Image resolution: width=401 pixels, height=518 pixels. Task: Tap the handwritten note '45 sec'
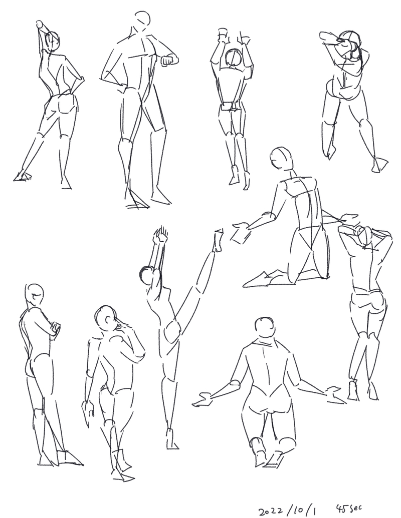tap(349, 508)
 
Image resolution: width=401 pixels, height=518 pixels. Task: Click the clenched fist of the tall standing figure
tap(169, 61)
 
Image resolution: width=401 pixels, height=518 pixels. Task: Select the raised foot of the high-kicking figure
tap(218, 240)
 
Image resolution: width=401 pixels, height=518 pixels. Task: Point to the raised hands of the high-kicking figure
tap(159, 234)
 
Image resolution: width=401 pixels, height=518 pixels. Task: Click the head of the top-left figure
tap(53, 42)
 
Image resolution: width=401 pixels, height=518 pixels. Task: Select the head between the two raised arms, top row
tap(234, 58)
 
